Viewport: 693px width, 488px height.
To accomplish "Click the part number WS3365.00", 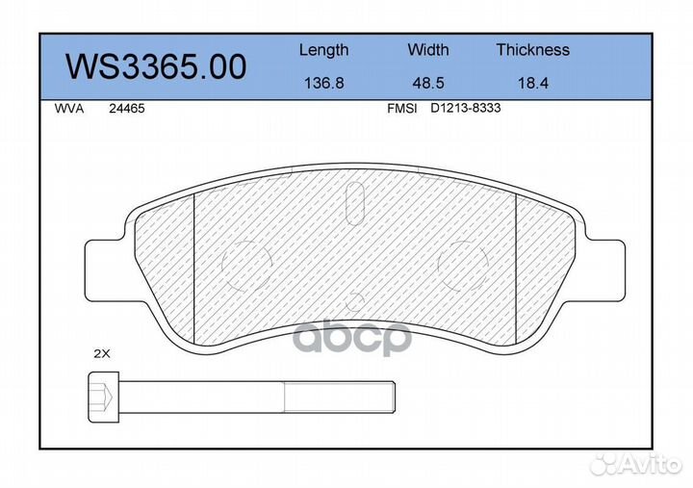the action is [x=156, y=66].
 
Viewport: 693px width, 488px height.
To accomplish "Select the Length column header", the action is [x=324, y=50].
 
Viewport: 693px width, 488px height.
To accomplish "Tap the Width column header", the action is [x=427, y=49].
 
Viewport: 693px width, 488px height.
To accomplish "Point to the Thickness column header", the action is [x=532, y=49].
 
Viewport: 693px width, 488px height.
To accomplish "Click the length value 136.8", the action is [x=324, y=83].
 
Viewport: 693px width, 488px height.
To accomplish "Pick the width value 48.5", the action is [x=427, y=83].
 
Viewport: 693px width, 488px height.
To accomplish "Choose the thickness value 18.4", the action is [x=532, y=83].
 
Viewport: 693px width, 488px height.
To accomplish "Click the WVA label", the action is [x=69, y=109].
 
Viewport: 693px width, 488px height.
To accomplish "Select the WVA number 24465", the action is [x=127, y=109].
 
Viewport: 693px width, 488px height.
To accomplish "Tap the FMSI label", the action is [x=401, y=109].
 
